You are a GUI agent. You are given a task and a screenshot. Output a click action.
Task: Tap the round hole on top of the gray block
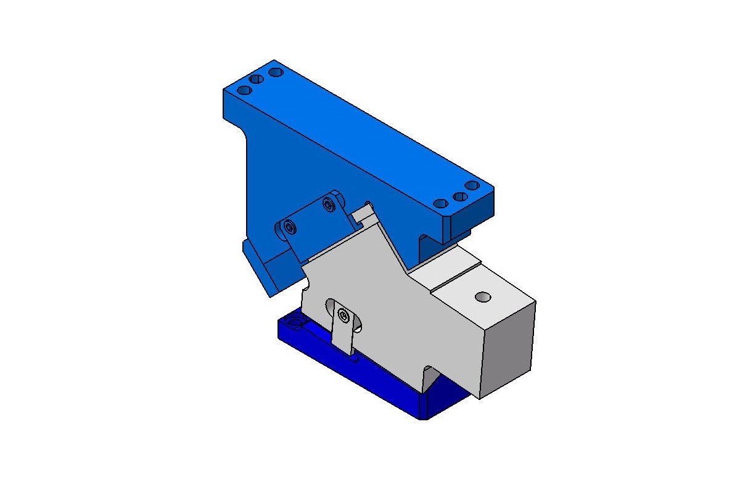483,297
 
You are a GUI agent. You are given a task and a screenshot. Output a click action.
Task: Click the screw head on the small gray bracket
343,317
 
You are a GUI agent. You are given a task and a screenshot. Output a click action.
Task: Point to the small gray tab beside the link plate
364,214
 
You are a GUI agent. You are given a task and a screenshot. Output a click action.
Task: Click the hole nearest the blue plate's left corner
244,90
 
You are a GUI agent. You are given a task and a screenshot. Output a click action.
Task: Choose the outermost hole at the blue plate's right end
472,185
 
